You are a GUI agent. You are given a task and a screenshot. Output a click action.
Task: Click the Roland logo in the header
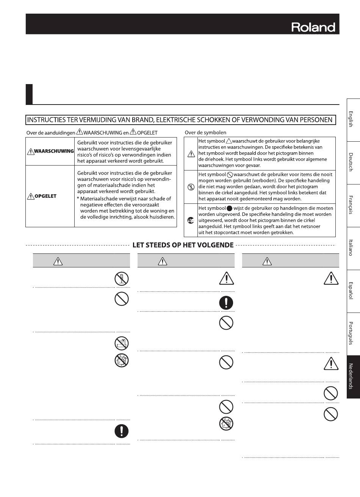coord(313,27)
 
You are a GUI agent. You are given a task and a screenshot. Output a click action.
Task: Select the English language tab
coord(351,120)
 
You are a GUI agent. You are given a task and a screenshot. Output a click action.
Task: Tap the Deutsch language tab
coord(351,163)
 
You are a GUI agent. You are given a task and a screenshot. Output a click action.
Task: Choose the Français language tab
coord(351,205)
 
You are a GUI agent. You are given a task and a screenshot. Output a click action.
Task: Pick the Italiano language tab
coord(351,248)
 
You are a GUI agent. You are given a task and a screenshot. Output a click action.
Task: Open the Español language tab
coord(351,291)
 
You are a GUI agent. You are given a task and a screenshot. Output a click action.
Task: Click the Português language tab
coord(351,334)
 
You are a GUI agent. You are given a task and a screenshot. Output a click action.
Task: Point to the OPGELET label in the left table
coord(45,196)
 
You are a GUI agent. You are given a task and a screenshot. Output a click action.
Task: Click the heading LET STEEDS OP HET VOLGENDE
coord(183,245)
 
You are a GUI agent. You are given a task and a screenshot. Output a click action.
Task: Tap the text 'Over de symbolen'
coord(205,133)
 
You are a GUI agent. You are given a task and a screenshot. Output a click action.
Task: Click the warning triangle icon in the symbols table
coord(191,154)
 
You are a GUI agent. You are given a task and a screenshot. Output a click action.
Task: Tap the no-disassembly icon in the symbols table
coord(191,187)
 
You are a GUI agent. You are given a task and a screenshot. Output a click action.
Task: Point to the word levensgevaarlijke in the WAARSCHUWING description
coord(138,149)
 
